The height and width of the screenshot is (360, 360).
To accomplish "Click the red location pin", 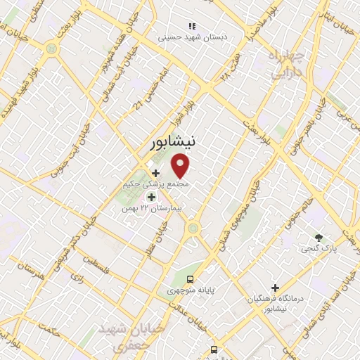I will (x=181, y=167).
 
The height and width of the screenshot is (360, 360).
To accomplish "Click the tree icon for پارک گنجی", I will (x=319, y=238).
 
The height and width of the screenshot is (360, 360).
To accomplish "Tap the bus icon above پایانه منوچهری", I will (x=198, y=278).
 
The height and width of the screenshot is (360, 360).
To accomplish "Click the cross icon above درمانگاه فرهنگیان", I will (x=276, y=288).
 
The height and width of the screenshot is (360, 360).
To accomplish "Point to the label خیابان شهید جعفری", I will (x=122, y=337).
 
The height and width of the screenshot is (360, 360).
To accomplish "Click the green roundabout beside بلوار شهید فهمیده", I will (x=51, y=49).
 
